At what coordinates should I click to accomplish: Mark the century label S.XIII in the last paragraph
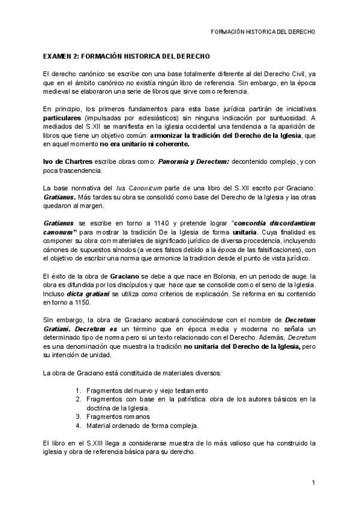click(93, 443)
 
